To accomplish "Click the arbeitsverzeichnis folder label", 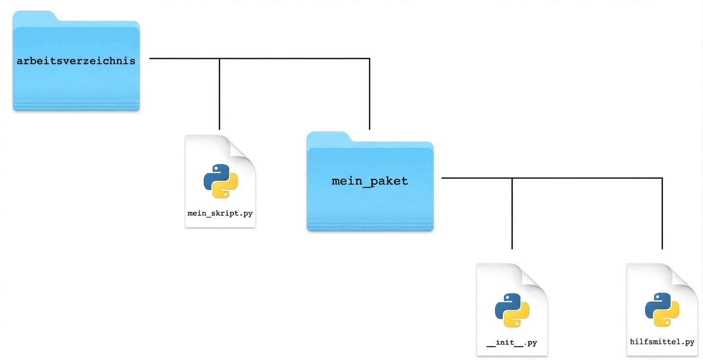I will [x=76, y=61].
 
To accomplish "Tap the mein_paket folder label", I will [x=370, y=181].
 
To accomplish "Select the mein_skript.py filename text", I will [x=220, y=213].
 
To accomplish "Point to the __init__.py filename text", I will [x=512, y=342].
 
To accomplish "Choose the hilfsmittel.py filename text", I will [x=662, y=342].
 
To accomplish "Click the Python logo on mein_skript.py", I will [x=221, y=181].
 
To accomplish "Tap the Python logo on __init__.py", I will [x=512, y=310].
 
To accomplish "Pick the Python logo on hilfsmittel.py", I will [x=662, y=310].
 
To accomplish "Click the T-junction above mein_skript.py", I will [x=219, y=59].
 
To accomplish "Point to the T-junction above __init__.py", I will [x=512, y=178].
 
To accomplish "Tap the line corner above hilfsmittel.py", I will [x=662, y=178].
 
